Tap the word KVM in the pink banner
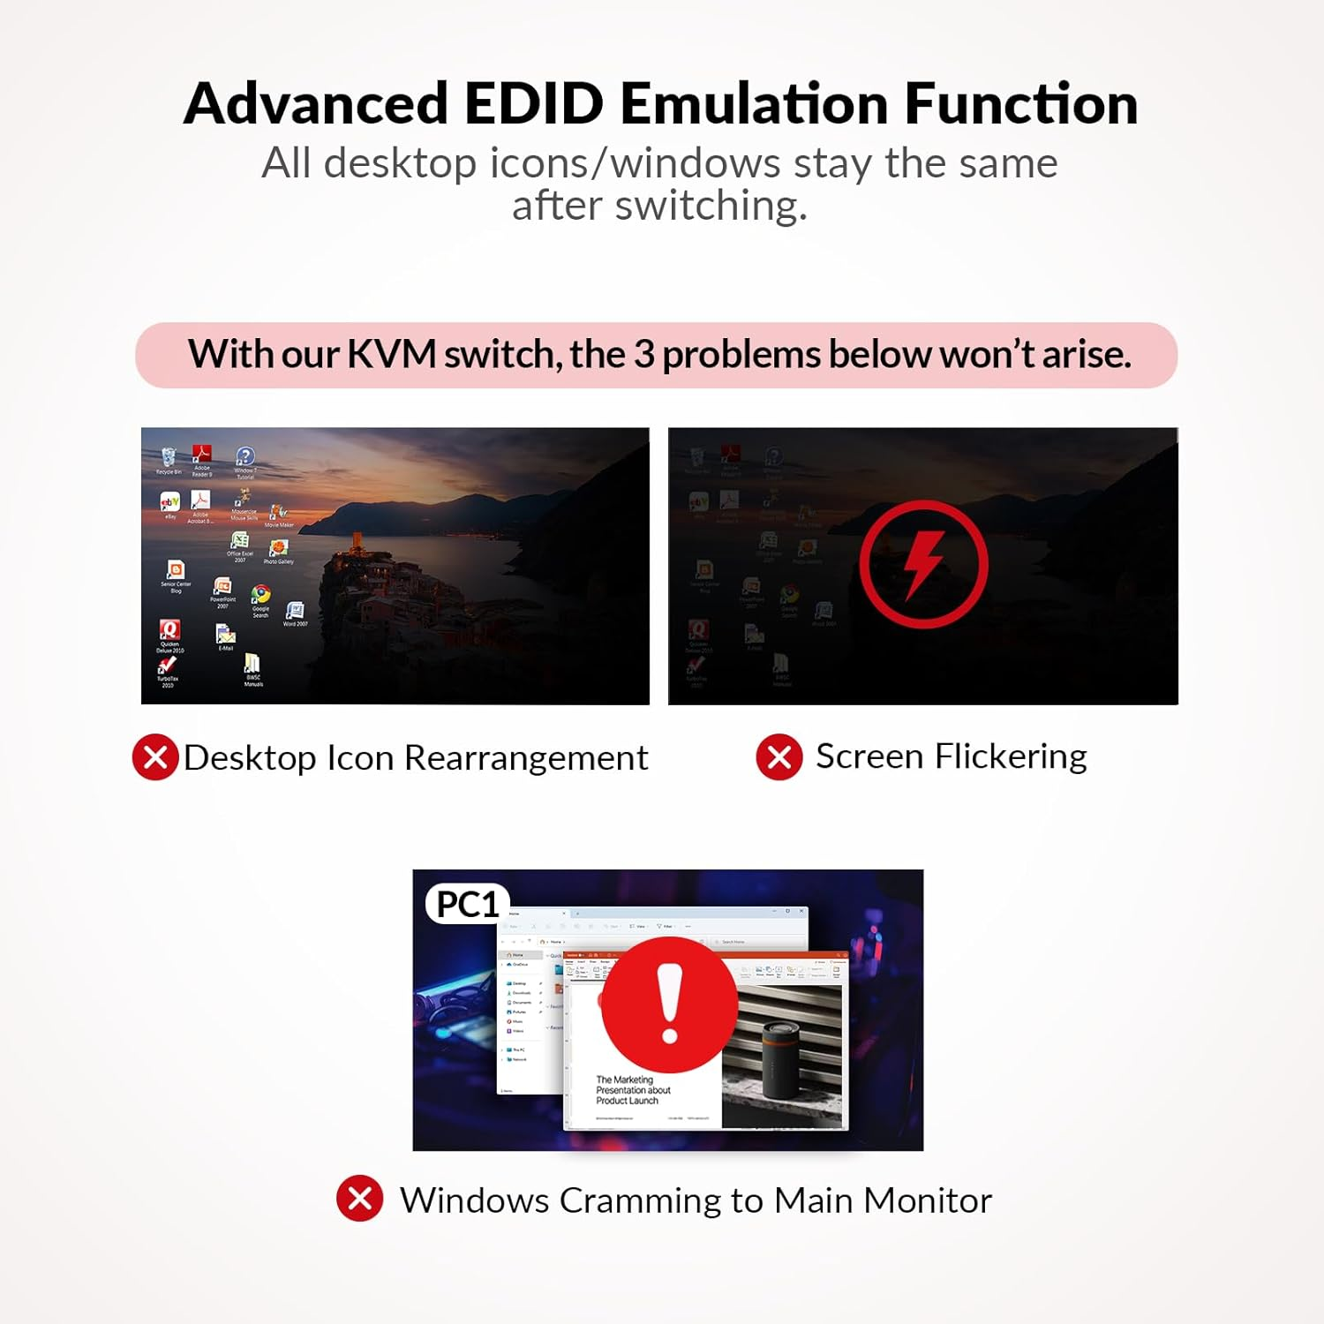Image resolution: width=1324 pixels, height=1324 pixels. coord(391,355)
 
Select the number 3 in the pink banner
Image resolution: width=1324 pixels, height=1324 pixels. coord(643,355)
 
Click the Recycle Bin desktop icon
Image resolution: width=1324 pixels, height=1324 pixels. coord(168,457)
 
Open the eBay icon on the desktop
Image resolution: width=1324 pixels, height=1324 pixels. coord(169,502)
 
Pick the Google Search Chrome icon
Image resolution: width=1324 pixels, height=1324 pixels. coord(260,595)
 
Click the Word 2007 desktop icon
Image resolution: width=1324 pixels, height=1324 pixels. coord(295,610)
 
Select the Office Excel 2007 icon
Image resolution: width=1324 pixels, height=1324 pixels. coord(239,541)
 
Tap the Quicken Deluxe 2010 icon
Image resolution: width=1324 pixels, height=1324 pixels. coord(169,629)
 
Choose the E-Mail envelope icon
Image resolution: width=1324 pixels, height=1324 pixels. coord(225,635)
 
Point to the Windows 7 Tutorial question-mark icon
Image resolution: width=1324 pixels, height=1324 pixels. coord(245,456)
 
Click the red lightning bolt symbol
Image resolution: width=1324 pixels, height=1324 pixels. coord(923,564)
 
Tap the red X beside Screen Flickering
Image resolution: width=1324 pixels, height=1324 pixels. coord(779,757)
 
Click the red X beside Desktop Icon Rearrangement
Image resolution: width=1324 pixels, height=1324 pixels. coord(155,757)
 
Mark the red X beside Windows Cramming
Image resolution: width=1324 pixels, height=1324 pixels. coord(360,1199)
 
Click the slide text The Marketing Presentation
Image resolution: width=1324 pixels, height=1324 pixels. coord(633,1090)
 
